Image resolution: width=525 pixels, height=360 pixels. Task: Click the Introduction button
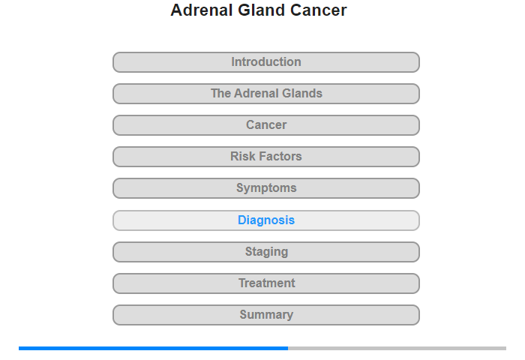(266, 62)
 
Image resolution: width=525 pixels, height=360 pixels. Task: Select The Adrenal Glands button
(266, 94)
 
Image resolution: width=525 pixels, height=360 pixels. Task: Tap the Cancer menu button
(266, 125)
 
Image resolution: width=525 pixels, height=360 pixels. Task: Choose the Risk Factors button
(266, 157)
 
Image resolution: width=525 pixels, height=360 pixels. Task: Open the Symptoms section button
(266, 188)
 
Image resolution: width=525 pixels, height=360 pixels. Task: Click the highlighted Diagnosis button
(266, 220)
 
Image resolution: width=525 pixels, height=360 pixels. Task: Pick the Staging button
(266, 252)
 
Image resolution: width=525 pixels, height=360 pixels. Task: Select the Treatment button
(266, 283)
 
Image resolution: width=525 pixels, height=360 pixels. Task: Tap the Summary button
(266, 315)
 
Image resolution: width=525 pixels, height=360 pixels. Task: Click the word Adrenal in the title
(202, 10)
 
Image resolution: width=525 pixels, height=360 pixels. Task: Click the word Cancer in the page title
(319, 10)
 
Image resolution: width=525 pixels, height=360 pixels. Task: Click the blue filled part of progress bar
(153, 348)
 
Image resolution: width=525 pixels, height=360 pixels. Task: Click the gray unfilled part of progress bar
(397, 348)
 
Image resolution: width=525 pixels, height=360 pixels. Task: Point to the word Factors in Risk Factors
(280, 157)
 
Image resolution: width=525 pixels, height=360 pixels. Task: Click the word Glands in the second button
(302, 94)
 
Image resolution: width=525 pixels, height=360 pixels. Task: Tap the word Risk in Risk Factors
(242, 157)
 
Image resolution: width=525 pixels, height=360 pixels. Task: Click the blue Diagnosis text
(266, 220)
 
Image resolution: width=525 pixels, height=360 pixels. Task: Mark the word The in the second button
(220, 94)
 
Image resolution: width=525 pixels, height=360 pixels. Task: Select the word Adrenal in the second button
(256, 94)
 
